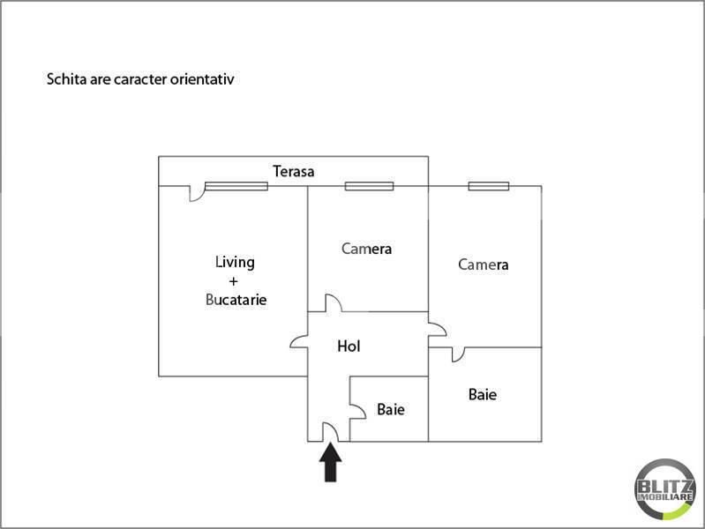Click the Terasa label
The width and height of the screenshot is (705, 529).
293,171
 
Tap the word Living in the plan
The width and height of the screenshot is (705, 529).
235,262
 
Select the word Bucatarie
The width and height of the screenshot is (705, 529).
236,300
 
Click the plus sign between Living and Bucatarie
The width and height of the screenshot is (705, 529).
233,282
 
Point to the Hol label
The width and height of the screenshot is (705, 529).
349,346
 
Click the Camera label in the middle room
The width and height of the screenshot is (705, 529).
366,249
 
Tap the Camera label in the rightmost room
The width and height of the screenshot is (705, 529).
484,264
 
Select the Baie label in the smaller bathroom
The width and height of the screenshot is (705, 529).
391,409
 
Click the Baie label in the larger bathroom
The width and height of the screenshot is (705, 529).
483,395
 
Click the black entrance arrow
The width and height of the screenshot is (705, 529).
331,462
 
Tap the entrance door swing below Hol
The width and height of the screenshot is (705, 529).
331,432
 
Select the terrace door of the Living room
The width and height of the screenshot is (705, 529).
196,193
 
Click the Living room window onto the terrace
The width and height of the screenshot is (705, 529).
236,186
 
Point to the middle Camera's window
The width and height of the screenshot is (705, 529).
369,186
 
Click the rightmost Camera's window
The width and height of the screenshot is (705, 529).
489,186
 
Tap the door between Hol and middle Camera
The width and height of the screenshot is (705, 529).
334,303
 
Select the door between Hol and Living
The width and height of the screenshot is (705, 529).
299,341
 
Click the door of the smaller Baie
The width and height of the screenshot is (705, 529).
358,411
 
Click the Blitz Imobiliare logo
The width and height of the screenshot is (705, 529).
664,489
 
